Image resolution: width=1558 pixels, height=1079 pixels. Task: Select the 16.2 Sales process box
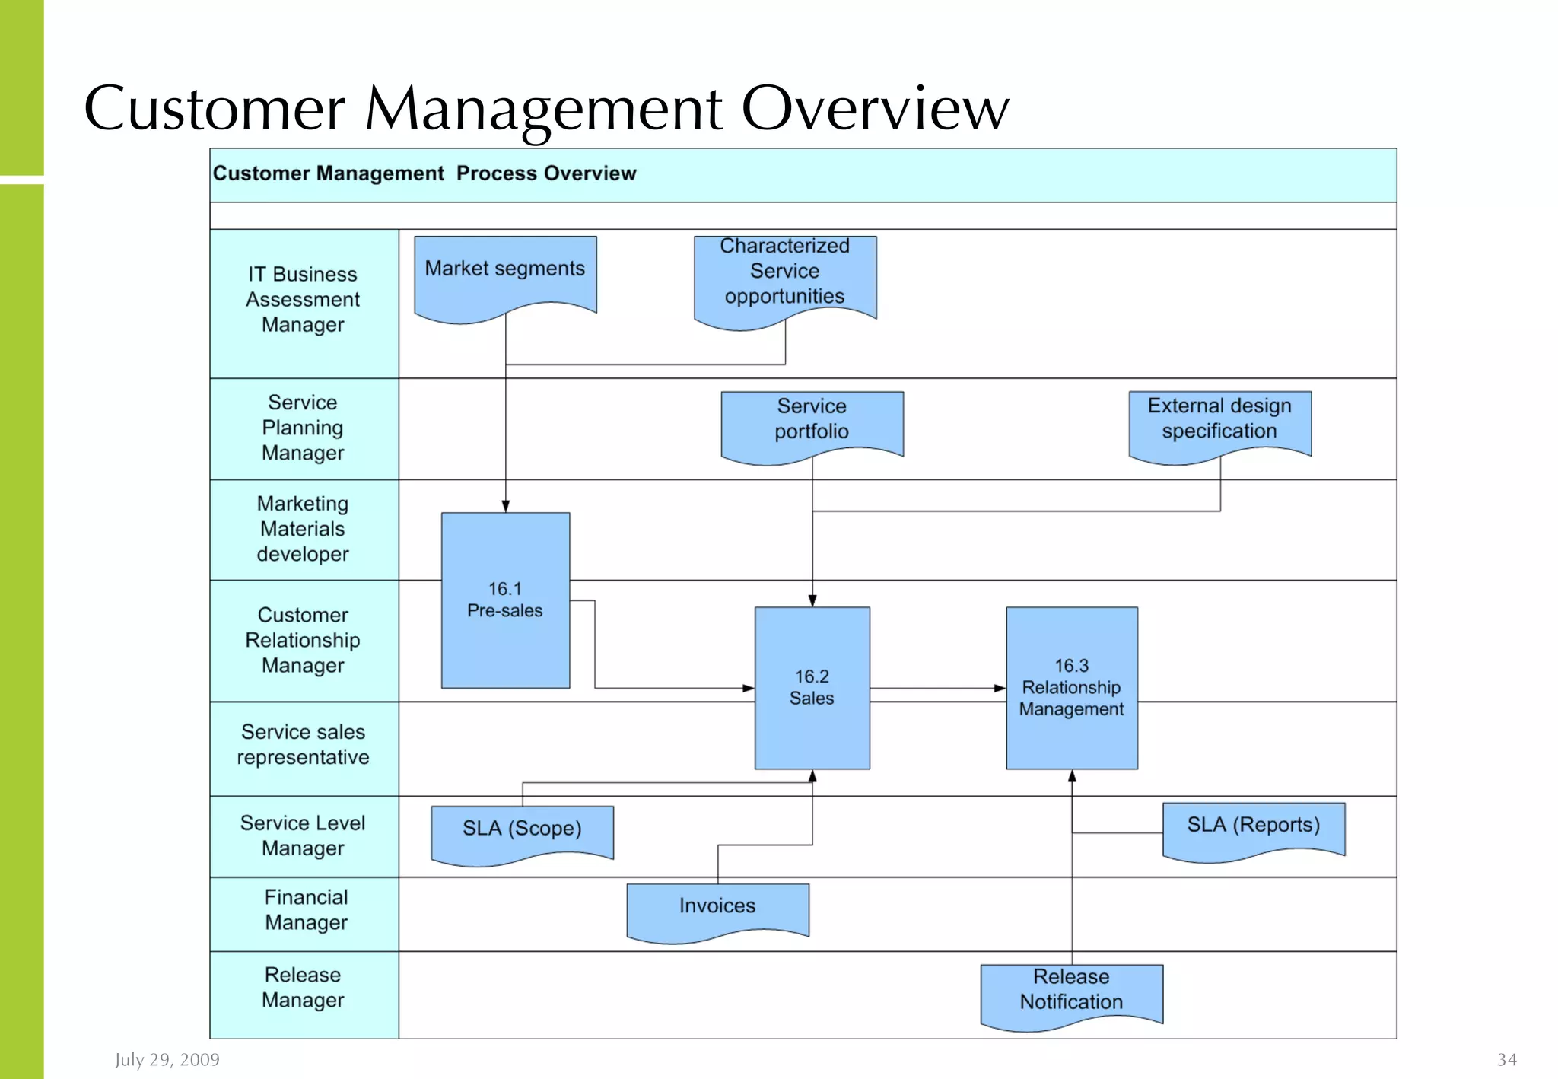812,687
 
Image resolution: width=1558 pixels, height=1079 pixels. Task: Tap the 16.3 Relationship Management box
1071,687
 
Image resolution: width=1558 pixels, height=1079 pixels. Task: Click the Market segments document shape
505,274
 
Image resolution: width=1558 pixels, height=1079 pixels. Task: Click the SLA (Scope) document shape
522,830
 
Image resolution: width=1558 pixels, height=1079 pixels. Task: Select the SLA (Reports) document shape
1253,827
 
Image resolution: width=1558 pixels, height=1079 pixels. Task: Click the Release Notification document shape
1071,991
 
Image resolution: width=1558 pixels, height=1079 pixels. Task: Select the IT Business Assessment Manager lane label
303,300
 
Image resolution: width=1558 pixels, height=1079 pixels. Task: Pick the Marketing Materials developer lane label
303,529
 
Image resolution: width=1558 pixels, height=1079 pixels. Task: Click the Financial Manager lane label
306,910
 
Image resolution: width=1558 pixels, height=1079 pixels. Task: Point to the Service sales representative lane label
303,745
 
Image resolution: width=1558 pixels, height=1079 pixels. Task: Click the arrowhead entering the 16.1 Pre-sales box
505,506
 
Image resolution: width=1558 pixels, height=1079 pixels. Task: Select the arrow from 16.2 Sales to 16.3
937,688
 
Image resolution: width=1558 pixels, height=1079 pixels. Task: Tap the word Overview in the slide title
875,108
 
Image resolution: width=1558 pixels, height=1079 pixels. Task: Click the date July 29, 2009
167,1059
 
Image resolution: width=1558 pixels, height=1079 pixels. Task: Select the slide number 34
1506,1059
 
